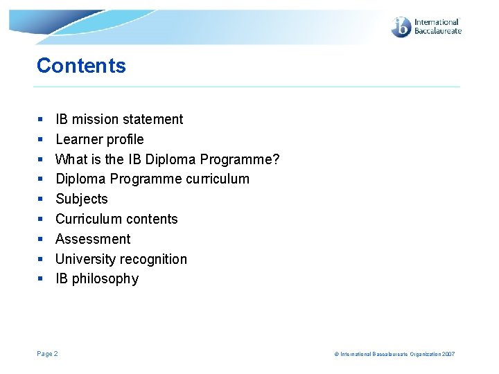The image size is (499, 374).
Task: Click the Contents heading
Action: coord(81,66)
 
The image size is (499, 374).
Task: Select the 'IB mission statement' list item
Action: coord(119,119)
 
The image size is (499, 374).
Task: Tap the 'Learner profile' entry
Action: coord(100,139)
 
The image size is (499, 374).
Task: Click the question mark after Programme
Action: coord(276,159)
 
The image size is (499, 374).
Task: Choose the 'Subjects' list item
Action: coord(82,199)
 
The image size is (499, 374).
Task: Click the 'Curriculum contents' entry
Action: coord(116,219)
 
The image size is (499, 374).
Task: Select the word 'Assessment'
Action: coord(93,239)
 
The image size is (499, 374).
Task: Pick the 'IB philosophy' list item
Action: coord(97,278)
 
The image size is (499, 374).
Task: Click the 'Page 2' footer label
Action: coord(47,354)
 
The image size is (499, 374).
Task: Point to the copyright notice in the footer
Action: coord(394,354)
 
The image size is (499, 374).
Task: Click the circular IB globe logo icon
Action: coord(401,27)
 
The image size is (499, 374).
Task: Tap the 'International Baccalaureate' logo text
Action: coord(437,27)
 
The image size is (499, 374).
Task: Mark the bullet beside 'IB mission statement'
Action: coord(40,120)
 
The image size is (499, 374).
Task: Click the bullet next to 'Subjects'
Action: coord(40,199)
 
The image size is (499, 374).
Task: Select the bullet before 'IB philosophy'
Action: coord(40,279)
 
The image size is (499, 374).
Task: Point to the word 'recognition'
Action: coord(154,259)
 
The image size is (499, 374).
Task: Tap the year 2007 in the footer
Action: coord(448,354)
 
